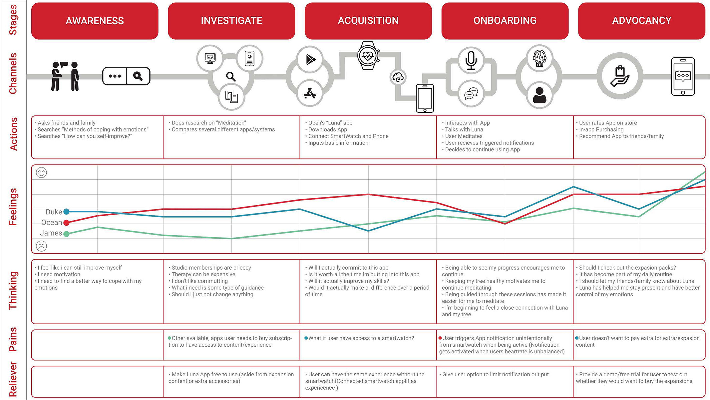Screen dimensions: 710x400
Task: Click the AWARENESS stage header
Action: (x=95, y=21)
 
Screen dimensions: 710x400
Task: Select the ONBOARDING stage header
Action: (x=505, y=21)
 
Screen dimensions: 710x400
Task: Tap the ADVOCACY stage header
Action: (x=642, y=21)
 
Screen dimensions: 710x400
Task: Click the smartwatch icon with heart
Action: (x=368, y=56)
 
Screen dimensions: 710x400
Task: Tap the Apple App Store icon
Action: (x=310, y=93)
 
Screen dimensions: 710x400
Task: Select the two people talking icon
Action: (x=65, y=76)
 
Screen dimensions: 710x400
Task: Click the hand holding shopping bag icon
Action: (x=620, y=76)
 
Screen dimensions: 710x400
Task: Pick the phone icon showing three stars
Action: (x=683, y=76)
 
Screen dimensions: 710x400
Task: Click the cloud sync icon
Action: (x=398, y=78)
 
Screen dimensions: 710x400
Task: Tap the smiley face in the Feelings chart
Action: (x=41, y=172)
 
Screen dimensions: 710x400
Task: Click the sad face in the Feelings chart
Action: (x=41, y=246)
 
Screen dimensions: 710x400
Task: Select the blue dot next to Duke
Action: (x=66, y=212)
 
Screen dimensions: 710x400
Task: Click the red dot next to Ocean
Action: (x=66, y=223)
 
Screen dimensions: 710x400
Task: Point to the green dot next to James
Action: (x=66, y=234)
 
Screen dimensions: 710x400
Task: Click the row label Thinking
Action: (x=13, y=291)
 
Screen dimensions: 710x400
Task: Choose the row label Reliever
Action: (x=13, y=379)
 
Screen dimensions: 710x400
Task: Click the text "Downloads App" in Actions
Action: (x=328, y=129)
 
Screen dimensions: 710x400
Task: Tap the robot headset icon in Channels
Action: (x=539, y=58)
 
